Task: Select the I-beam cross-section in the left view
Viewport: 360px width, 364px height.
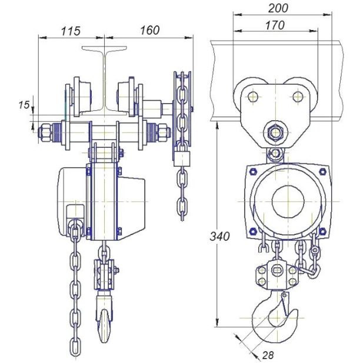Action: click(105, 82)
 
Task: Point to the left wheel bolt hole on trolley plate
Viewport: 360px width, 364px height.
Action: click(251, 95)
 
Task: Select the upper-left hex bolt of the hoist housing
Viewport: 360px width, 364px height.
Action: click(253, 171)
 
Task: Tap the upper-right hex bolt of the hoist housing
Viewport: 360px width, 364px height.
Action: click(322, 171)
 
